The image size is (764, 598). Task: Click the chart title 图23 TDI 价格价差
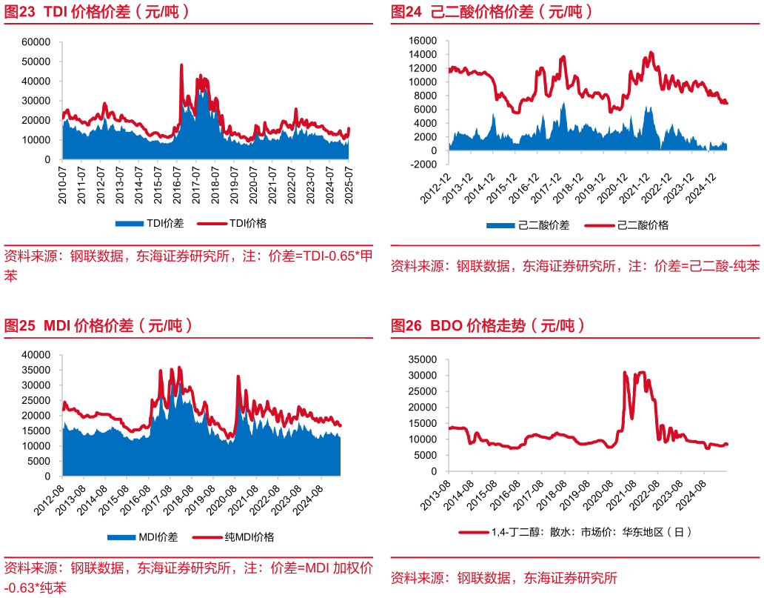(x=97, y=12)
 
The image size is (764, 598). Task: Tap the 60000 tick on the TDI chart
(x=36, y=42)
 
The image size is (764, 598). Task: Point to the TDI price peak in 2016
(x=181, y=65)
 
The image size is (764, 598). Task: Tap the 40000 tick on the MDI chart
(x=36, y=355)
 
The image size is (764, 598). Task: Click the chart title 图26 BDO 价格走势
(x=489, y=325)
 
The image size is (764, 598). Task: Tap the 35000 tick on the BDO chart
(x=423, y=359)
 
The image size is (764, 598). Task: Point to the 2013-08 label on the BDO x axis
(x=440, y=494)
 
